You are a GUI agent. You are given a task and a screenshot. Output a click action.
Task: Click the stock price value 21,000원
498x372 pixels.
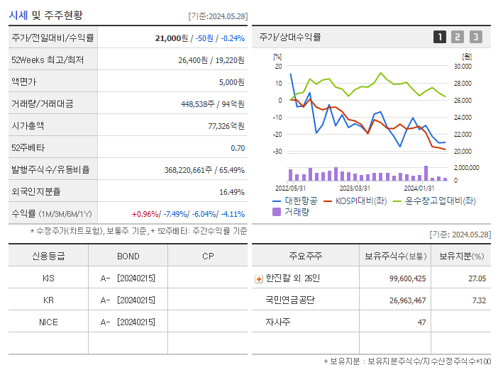[x=175, y=38]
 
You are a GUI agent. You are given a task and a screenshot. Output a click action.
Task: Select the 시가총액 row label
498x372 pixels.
[x=28, y=125]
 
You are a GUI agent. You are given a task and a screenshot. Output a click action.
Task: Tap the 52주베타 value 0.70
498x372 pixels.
[x=238, y=147]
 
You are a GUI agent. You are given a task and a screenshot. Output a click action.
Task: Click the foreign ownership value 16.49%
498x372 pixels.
[x=232, y=191]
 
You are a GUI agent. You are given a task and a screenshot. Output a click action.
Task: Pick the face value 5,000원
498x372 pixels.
[x=231, y=82]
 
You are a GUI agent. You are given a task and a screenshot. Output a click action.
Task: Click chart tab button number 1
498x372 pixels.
[x=440, y=37]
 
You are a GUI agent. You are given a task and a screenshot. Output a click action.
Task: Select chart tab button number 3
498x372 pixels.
[x=475, y=37]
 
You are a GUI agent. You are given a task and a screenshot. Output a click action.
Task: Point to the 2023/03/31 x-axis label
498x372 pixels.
[x=355, y=188]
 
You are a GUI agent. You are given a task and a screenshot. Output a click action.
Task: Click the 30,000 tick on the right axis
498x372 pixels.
[x=462, y=67]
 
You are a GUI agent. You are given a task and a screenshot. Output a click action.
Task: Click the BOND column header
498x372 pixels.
[x=128, y=257]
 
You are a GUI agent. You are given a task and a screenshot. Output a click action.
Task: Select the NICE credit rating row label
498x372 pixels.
[x=48, y=322]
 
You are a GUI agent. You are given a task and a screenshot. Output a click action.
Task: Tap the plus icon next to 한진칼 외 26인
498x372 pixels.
[x=258, y=279]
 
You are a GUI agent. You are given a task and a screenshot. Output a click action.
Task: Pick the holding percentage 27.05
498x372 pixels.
[x=477, y=278]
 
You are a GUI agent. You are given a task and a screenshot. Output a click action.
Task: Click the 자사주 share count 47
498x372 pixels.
[x=421, y=322]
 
